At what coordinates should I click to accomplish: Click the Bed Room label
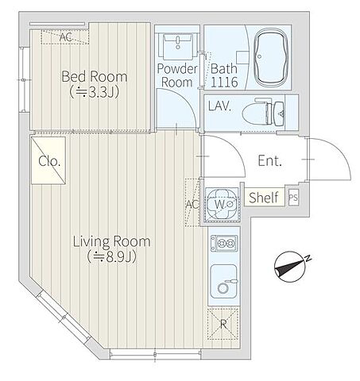coord(95,76)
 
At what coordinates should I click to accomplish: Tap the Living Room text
coord(112,241)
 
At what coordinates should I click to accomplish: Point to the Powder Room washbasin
coord(178,46)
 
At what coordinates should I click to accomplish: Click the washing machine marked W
coord(222,204)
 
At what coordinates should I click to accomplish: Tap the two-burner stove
coord(224,243)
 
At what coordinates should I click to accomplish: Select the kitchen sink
coord(223,281)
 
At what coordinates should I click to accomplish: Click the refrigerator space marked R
coord(223,324)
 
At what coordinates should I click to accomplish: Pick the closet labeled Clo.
coord(48,160)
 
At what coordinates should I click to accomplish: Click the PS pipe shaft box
coord(293,198)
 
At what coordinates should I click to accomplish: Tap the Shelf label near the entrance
coord(264,198)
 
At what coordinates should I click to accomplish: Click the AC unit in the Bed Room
coord(64,37)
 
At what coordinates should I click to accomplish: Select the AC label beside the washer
coord(192,204)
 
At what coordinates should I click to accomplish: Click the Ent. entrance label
coord(269,160)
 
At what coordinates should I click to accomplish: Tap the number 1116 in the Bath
coord(224,83)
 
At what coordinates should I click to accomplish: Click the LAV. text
coord(219,106)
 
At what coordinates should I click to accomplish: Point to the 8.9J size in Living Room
coord(112,256)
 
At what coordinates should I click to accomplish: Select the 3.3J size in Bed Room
coord(95,92)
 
